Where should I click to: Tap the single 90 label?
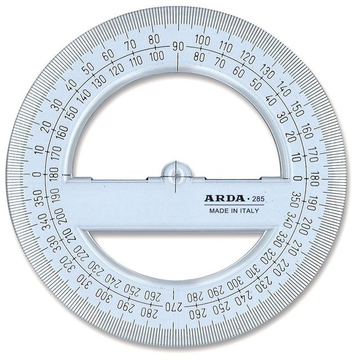coord(178,46)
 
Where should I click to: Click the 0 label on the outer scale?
coord(37,174)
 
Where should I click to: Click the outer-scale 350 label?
coord(38,198)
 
